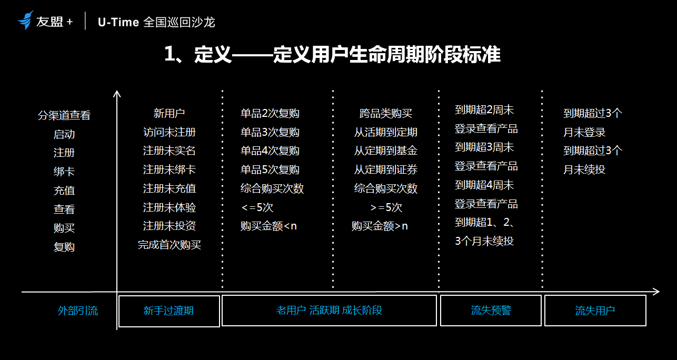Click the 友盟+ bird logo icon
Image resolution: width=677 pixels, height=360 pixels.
[25, 20]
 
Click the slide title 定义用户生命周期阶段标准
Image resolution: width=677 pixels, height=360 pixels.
[332, 55]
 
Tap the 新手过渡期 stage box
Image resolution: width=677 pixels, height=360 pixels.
[168, 311]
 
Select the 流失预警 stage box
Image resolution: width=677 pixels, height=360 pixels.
[491, 311]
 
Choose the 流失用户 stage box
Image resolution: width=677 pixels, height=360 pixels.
[595, 311]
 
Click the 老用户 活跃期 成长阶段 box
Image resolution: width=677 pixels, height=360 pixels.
[329, 311]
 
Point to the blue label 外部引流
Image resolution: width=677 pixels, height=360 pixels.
[78, 311]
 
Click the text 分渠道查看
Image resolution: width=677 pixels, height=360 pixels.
[64, 115]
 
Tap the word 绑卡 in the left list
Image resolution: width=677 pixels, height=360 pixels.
[64, 172]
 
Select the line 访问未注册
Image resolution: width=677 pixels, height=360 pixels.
[170, 132]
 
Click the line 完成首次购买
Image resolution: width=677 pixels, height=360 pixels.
[170, 245]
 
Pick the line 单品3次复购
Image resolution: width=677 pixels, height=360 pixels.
[270, 132]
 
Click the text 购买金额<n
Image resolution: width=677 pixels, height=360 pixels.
[268, 226]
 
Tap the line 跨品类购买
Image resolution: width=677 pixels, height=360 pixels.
[386, 113]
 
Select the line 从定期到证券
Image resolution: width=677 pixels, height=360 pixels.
[386, 169]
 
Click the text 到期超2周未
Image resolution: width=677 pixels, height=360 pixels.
[484, 110]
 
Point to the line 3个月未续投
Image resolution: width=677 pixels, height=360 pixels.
[484, 241]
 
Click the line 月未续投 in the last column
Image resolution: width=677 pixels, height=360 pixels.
[584, 169]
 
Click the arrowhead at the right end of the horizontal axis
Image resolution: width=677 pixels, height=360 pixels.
[656, 292]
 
